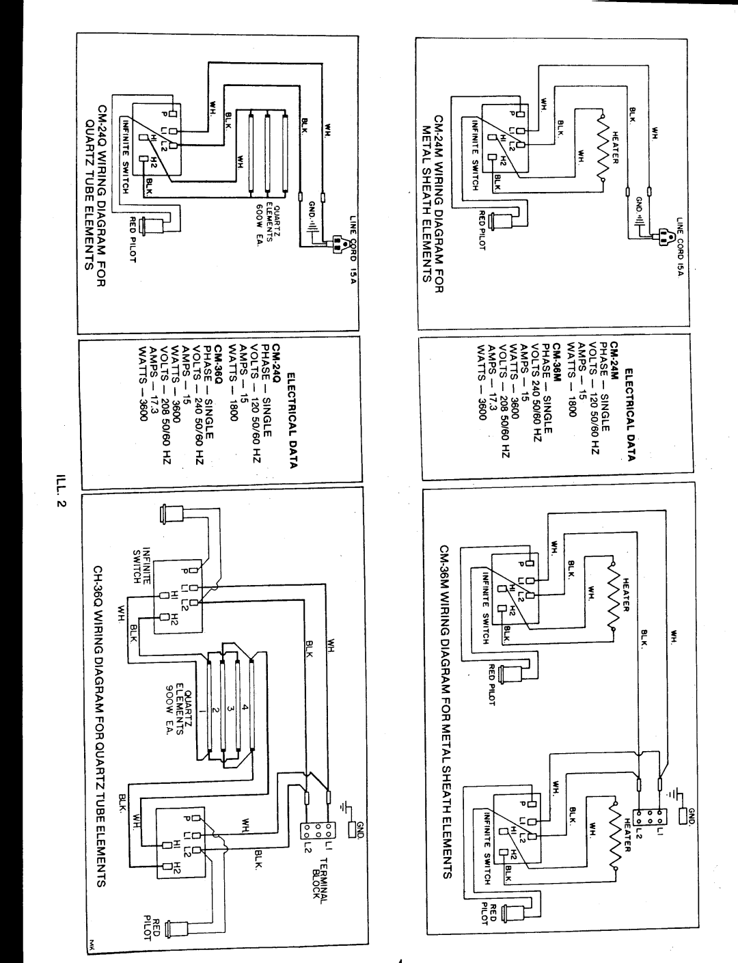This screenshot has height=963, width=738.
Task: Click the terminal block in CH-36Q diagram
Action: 316,830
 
